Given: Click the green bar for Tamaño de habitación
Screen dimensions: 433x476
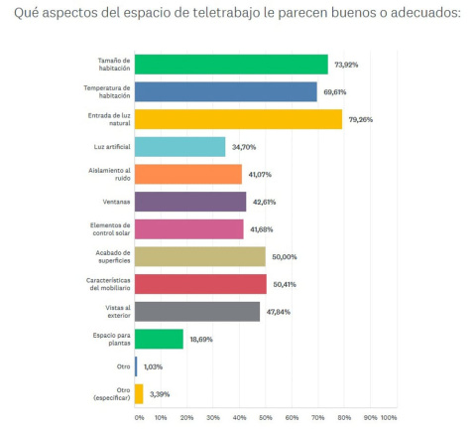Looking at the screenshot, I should pyautogui.click(x=231, y=65).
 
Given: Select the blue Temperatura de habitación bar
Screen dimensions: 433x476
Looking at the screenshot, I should pyautogui.click(x=225, y=92).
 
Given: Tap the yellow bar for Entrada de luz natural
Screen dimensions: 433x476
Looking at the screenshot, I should pyautogui.click(x=238, y=119).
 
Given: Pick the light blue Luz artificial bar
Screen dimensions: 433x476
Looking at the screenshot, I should pyautogui.click(x=179, y=147).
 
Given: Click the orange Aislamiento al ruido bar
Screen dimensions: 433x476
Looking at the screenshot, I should pyautogui.click(x=188, y=175).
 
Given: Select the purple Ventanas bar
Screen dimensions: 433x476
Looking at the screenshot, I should pyautogui.click(x=190, y=202).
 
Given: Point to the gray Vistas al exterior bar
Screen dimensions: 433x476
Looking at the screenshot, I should pyautogui.click(x=197, y=311).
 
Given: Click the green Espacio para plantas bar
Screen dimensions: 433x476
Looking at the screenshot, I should pyautogui.click(x=159, y=339).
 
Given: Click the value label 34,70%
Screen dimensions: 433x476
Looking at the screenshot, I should pyautogui.click(x=243, y=148).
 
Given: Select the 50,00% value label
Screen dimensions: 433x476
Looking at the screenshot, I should pyautogui.click(x=284, y=257).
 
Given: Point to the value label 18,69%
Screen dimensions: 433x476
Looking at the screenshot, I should pyautogui.click(x=201, y=340).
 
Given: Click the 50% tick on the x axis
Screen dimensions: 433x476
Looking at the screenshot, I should pyautogui.click(x=266, y=417).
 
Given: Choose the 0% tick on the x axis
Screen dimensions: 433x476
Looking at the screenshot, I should pyautogui.click(x=139, y=417).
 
